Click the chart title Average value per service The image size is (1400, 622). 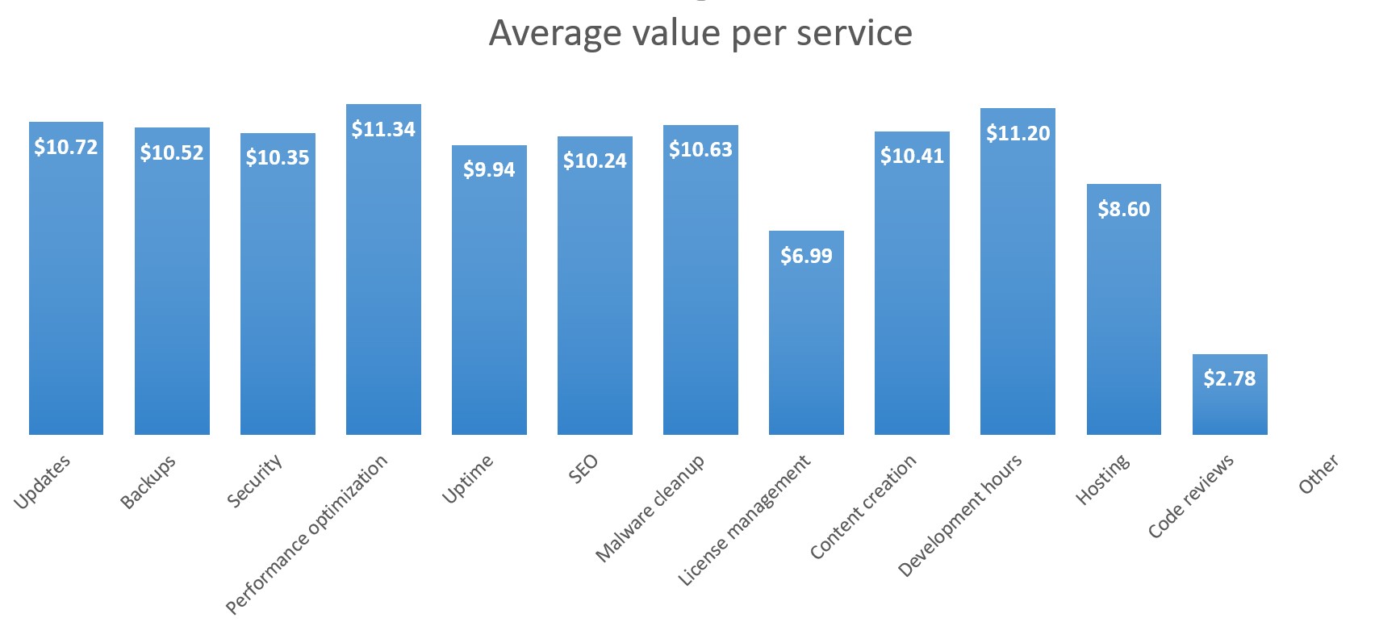point(700,34)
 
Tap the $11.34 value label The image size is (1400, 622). point(383,129)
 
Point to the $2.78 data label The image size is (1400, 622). point(1230,378)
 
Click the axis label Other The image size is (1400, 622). point(1319,474)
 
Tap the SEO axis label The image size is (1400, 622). point(583,469)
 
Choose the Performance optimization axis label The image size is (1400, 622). point(307,534)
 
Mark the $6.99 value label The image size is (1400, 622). point(806,256)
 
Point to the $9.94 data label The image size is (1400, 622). point(489,169)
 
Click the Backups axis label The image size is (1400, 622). point(148,482)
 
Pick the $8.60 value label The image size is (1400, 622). point(1123,209)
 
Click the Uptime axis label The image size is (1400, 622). point(468,479)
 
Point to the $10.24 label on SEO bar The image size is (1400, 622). point(595,161)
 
